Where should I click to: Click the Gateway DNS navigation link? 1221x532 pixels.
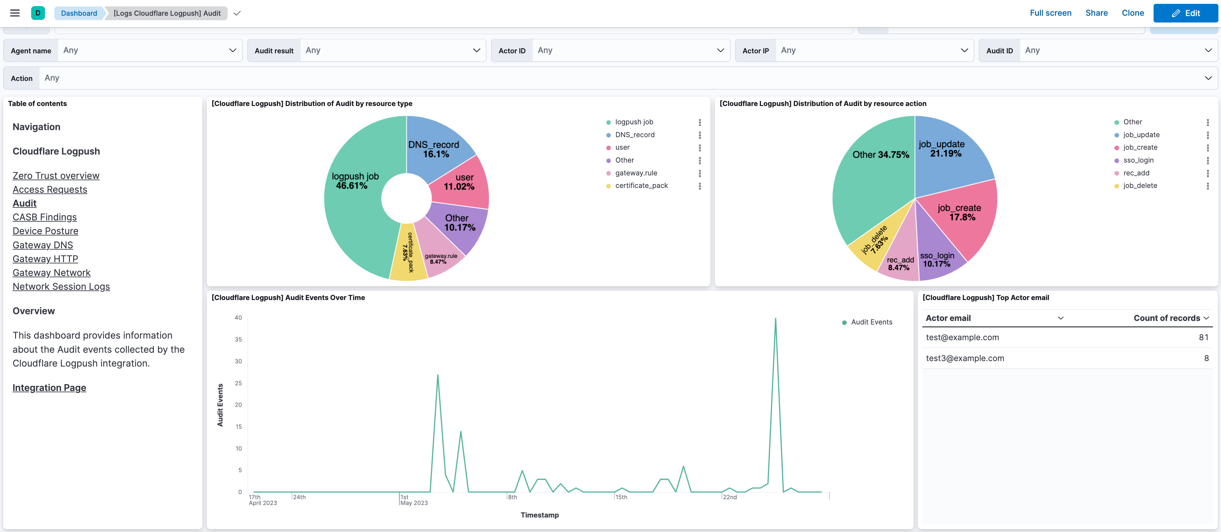tap(43, 245)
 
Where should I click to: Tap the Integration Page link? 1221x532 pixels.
tap(49, 388)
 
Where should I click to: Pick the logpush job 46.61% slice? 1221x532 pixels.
tap(354, 199)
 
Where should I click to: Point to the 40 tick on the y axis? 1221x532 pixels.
tap(238, 318)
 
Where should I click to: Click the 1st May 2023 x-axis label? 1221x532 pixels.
tap(413, 500)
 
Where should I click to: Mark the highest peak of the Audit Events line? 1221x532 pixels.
tap(776, 319)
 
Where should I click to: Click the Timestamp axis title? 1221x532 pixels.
tap(540, 515)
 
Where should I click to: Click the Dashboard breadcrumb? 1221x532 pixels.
tap(79, 13)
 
